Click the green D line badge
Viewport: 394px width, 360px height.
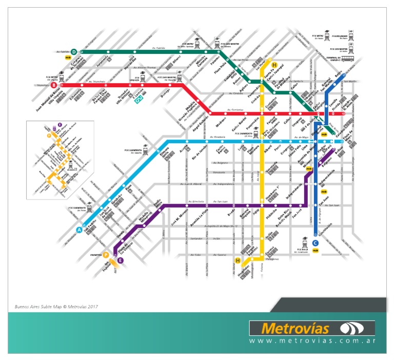point(74,52)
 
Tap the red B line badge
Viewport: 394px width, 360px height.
point(53,85)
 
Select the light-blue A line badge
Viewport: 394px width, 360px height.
point(80,230)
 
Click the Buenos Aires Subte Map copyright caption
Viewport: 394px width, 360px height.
point(56,307)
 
